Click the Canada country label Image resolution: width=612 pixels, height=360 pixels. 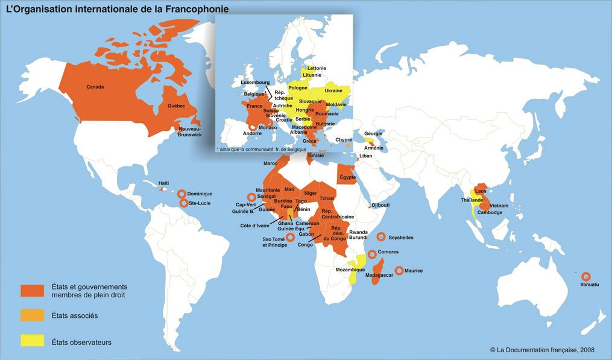[x=95, y=87]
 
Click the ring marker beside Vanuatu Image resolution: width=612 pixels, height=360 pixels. [x=586, y=276]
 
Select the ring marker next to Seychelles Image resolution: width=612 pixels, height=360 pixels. [x=380, y=238]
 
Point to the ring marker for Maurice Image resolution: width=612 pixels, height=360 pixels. [x=399, y=271]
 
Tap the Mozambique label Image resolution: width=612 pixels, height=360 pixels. [x=350, y=270]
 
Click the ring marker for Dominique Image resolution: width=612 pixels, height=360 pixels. [x=181, y=194]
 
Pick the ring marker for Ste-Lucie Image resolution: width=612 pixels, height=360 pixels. [x=184, y=204]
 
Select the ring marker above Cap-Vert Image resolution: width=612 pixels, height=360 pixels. [x=251, y=197]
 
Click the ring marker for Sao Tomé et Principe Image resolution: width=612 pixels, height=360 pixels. [x=290, y=238]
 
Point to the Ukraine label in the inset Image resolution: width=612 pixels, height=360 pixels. [x=333, y=90]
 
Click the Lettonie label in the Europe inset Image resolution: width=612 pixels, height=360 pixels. [x=317, y=68]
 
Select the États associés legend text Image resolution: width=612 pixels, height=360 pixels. [x=75, y=315]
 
